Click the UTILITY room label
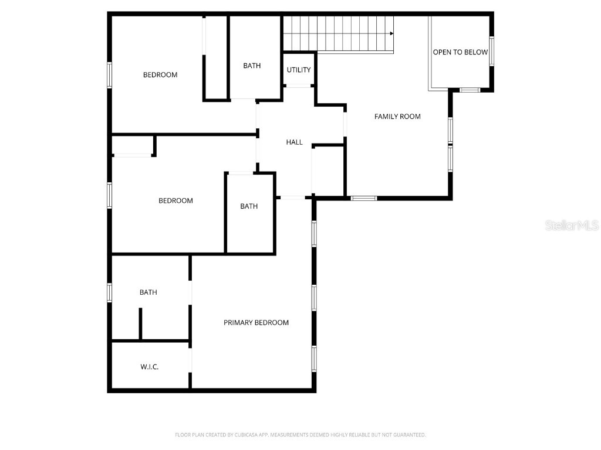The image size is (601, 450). click(x=299, y=70)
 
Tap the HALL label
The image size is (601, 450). click(x=295, y=142)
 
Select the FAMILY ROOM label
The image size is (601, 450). click(x=397, y=117)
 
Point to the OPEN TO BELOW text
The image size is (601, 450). click(x=460, y=52)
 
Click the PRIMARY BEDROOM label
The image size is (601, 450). click(x=256, y=323)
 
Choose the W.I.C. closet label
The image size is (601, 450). click(x=150, y=367)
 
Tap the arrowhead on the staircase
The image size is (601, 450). click(x=391, y=33)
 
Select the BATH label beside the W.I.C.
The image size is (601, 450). click(x=148, y=292)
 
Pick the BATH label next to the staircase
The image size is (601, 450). click(x=252, y=66)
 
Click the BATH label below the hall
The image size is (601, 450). click(x=249, y=206)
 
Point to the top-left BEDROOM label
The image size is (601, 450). click(x=160, y=75)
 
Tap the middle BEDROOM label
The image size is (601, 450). click(x=175, y=201)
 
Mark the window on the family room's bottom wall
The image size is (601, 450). click(x=364, y=198)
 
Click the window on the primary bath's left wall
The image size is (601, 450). click(x=109, y=292)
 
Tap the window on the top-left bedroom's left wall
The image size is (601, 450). click(x=109, y=75)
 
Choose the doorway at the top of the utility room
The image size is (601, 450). click(x=299, y=86)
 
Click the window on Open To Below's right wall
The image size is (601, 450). click(x=492, y=51)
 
